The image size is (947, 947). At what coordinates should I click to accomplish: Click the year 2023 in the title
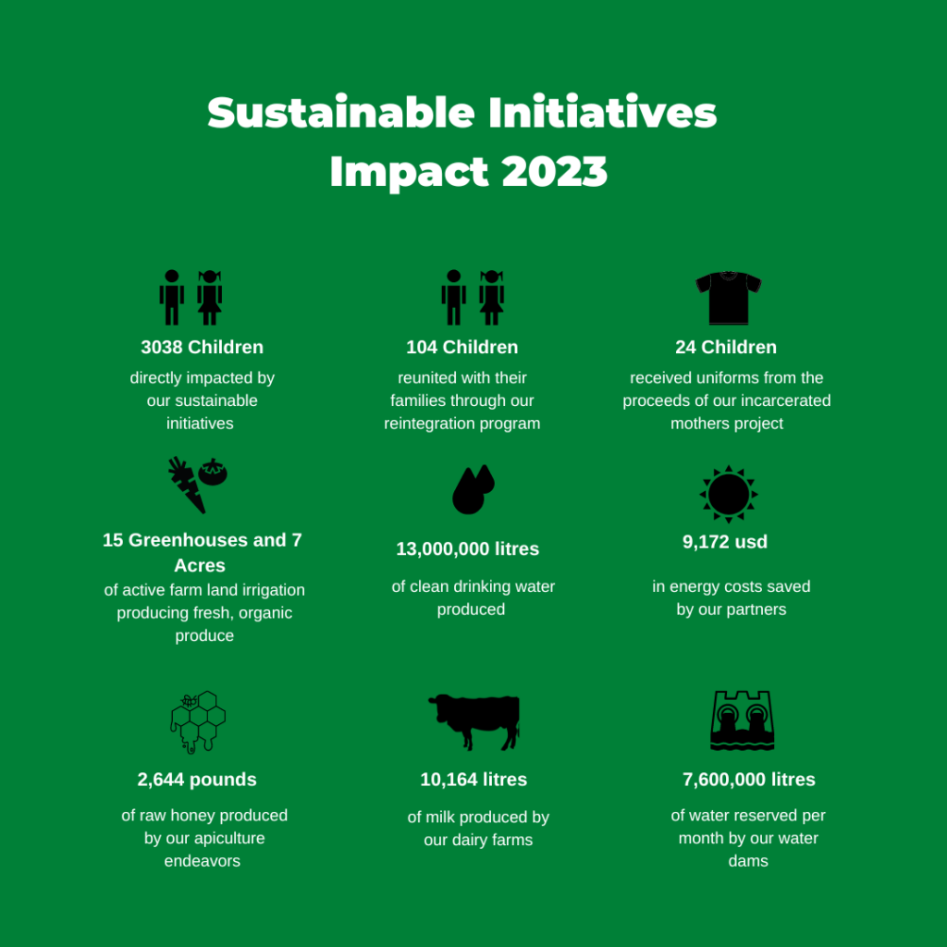tap(554, 171)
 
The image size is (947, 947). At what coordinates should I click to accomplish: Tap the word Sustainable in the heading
tap(340, 112)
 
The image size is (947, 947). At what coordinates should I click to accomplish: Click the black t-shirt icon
tap(728, 298)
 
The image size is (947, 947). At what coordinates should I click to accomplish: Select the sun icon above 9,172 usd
tap(729, 494)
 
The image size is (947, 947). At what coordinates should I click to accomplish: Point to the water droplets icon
tap(473, 489)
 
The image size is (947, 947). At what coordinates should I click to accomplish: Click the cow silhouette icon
tap(474, 721)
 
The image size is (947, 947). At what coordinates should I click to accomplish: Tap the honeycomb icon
tap(198, 721)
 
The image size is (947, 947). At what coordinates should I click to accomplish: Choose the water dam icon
tap(742, 719)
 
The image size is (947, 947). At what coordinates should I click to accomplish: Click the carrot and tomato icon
tap(198, 485)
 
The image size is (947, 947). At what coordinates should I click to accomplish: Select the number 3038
tap(162, 348)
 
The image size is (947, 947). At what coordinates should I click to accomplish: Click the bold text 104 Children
tap(462, 348)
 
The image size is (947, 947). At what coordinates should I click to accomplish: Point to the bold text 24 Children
tap(726, 348)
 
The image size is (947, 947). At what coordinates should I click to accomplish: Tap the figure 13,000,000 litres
tap(467, 549)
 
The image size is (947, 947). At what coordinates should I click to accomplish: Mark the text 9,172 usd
tap(725, 542)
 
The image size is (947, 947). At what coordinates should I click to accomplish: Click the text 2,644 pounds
tap(197, 780)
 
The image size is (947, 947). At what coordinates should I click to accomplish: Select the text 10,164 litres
tap(473, 780)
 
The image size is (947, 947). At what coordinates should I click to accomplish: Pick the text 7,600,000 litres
tap(749, 780)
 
